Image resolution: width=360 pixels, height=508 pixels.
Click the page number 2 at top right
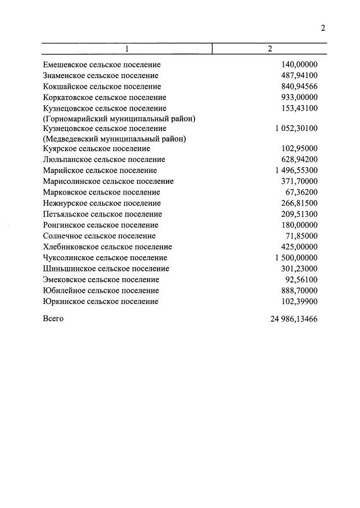click(x=323, y=29)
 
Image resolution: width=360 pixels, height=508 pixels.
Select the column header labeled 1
click(x=127, y=49)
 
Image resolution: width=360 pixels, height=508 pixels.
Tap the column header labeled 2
click(x=270, y=49)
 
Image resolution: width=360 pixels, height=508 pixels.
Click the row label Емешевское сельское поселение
click(x=102, y=65)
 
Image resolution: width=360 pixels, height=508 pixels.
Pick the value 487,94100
click(x=299, y=75)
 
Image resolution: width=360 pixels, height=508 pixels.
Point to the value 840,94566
click(x=299, y=86)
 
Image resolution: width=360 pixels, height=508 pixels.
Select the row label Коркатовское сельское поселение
click(x=105, y=97)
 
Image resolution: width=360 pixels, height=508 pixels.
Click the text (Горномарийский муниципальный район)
click(x=119, y=118)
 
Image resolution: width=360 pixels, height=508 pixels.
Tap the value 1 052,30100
click(x=296, y=129)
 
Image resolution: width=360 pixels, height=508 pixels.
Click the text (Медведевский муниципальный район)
click(x=115, y=139)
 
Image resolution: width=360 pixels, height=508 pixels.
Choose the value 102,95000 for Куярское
click(x=299, y=149)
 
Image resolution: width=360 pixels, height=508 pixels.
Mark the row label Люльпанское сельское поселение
click(x=103, y=160)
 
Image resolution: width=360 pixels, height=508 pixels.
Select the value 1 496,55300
click(x=296, y=170)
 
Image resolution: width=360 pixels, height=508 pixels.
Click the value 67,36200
click(x=301, y=192)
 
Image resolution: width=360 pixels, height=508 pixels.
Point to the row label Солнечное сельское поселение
click(x=100, y=236)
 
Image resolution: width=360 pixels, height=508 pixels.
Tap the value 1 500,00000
click(x=296, y=257)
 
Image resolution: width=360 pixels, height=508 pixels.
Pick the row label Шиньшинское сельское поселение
click(x=106, y=269)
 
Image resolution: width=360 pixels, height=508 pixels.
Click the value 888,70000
click(x=299, y=291)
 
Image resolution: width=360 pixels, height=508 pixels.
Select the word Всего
click(x=53, y=319)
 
